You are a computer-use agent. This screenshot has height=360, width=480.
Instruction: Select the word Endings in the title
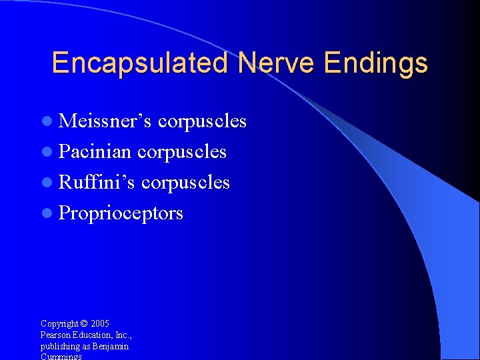(375, 63)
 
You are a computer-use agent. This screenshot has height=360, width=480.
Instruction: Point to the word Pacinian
(95, 151)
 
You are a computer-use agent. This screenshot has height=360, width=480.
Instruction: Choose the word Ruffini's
(97, 182)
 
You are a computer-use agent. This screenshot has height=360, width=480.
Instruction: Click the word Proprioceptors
(121, 213)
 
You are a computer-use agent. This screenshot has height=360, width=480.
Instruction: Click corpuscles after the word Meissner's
(202, 122)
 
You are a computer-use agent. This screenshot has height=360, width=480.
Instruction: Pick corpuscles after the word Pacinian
(181, 153)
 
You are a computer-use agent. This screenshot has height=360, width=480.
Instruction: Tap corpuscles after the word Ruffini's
(185, 183)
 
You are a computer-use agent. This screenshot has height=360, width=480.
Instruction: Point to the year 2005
(101, 323)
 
